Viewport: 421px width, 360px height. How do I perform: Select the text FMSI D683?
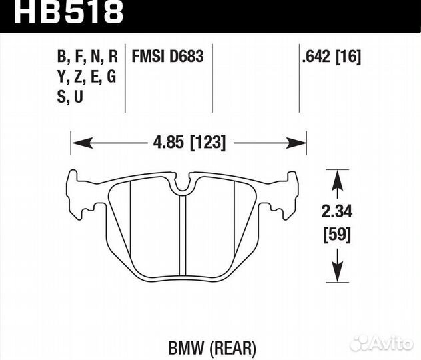click(x=169, y=57)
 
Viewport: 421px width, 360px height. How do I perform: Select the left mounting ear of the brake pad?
click(x=79, y=195)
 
